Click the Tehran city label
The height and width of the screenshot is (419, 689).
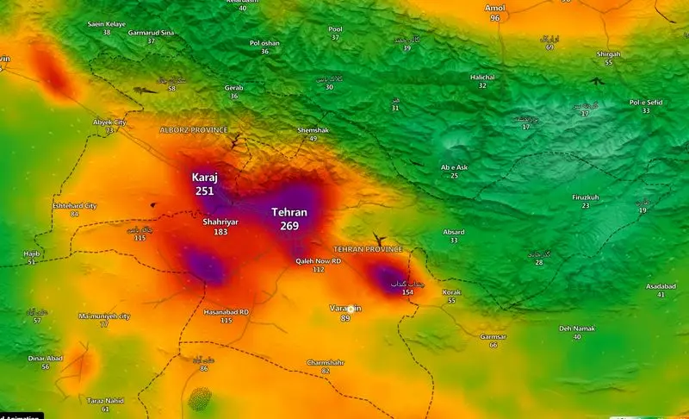289,212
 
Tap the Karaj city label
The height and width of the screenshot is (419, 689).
204,177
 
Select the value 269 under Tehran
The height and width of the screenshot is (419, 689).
289,226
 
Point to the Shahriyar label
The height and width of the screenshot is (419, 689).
220,222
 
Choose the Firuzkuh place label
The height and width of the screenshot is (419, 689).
586,197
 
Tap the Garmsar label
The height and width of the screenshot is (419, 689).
493,335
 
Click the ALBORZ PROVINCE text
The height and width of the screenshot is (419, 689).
194,129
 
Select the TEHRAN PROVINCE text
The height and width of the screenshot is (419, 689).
368,248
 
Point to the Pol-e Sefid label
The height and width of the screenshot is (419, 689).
646,103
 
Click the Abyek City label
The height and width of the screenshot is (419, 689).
109,122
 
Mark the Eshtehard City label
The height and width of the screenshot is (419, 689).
75,206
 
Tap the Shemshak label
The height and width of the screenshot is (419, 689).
313,129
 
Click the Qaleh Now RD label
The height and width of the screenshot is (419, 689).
319,260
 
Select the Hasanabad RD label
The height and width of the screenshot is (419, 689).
226,311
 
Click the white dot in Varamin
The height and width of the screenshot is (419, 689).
351,308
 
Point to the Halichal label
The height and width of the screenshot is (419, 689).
482,77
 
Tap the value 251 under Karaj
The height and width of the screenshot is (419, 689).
204,191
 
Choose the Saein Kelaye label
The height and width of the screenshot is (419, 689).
107,23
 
